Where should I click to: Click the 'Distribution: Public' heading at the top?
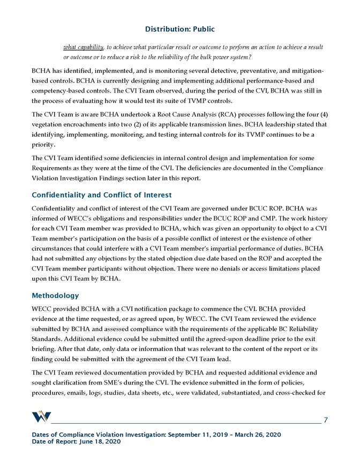click(180, 28)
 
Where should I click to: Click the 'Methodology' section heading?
click(55, 295)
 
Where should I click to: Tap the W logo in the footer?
click(42, 417)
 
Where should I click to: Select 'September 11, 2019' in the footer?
click(192, 434)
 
